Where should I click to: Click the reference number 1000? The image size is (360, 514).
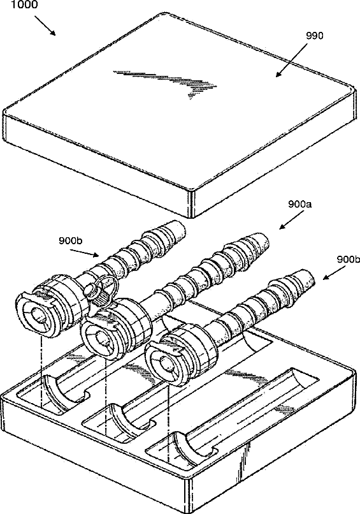[x=24, y=4]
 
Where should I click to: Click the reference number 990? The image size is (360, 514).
[x=315, y=36]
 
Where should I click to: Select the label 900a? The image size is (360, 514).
[x=300, y=205]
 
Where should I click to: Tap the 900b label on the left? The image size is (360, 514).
[x=71, y=240]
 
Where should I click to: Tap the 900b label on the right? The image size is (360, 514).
[x=348, y=260]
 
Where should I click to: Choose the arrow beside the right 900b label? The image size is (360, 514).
[x=334, y=273]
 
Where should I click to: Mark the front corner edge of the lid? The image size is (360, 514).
[x=191, y=205]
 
